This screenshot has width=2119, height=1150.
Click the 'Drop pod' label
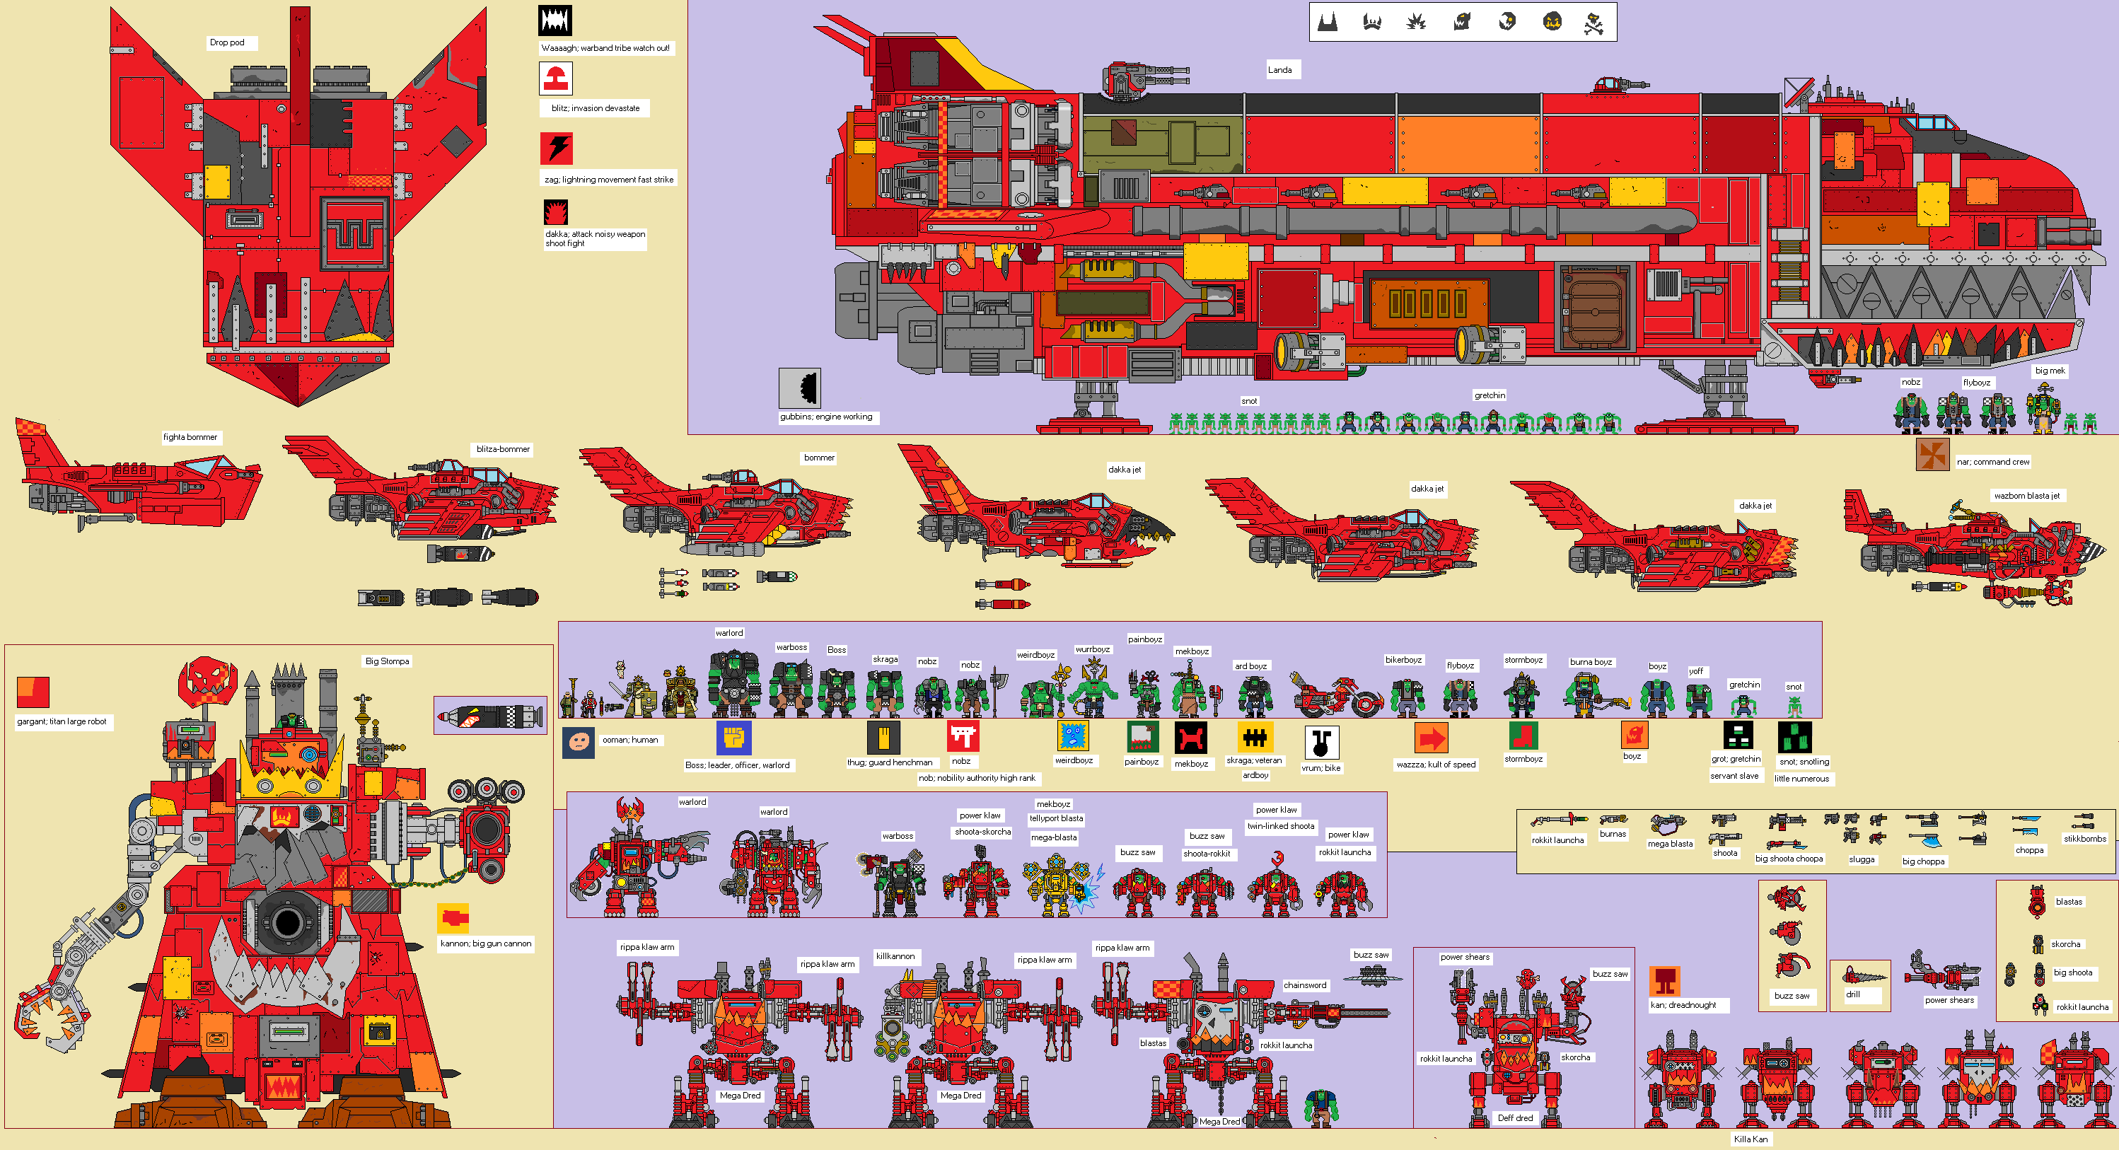tap(227, 42)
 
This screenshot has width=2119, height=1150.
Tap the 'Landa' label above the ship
tap(1279, 70)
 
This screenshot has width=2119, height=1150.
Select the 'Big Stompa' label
tap(387, 661)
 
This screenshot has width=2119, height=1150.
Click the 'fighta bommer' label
tap(190, 438)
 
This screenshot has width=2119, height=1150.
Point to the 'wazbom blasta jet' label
tap(2026, 496)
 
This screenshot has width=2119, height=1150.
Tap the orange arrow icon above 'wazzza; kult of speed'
tap(1432, 738)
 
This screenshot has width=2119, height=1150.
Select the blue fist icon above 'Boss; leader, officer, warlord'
tap(733, 738)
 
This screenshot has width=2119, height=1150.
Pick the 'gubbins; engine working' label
tap(826, 417)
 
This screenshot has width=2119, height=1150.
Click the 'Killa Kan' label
tap(1751, 1139)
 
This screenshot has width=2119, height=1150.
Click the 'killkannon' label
tap(895, 957)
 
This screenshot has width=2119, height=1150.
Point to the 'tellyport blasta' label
tap(1056, 818)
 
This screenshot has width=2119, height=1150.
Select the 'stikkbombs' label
tap(2084, 839)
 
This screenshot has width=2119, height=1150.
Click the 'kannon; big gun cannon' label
tap(485, 943)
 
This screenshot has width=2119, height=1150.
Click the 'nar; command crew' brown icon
tap(1932, 454)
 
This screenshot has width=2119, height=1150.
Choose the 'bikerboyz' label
tap(1403, 660)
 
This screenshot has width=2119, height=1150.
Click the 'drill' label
tap(1852, 994)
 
